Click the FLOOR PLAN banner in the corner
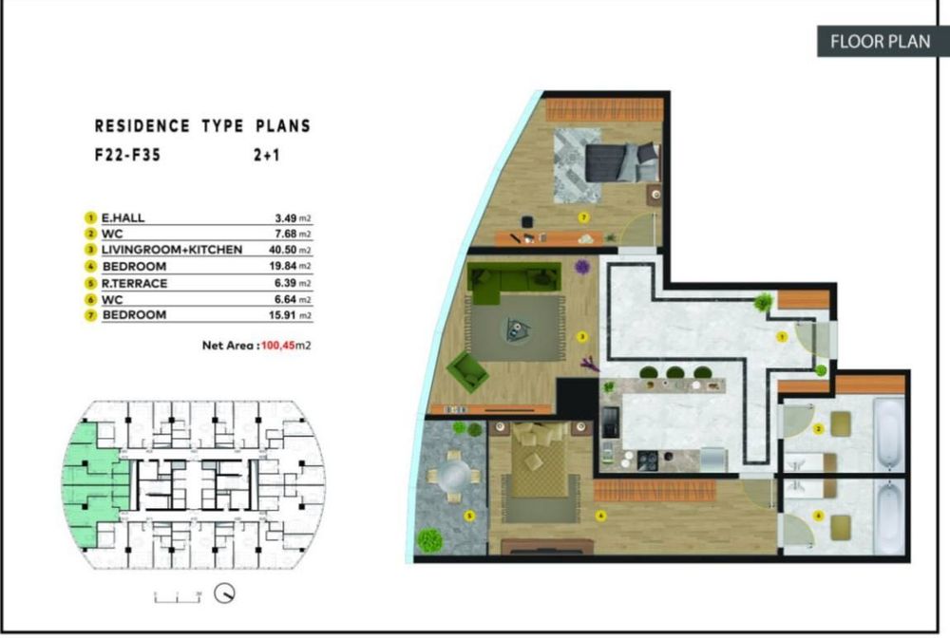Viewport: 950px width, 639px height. (880, 42)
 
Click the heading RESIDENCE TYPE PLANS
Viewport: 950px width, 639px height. (202, 125)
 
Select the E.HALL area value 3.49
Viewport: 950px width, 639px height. (286, 218)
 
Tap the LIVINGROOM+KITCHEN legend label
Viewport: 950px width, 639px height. (172, 250)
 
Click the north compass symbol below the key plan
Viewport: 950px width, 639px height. (225, 593)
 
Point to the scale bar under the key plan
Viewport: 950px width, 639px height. (179, 595)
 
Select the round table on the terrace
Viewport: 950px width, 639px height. (452, 475)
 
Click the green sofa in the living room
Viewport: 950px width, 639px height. (513, 282)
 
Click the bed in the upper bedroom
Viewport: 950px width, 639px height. (621, 161)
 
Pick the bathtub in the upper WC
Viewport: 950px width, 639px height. (888, 435)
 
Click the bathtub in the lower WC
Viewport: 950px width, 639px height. (888, 519)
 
